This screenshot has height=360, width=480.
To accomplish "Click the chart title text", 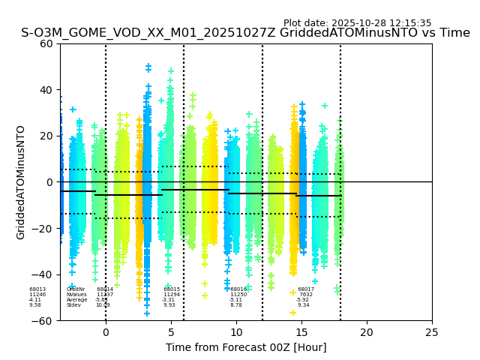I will tap(245, 33).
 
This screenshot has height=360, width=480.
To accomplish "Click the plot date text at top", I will tap(357, 23).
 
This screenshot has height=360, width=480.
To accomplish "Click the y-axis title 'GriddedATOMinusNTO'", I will tap(21, 182).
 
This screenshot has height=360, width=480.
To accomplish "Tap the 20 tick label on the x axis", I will tap(367, 331).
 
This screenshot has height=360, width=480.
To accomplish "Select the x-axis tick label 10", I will tap(236, 331).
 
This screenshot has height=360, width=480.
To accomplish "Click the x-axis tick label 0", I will tap(106, 331).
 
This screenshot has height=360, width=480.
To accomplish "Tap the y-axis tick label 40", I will tap(46, 90).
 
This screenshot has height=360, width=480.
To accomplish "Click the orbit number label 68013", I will tap(37, 289).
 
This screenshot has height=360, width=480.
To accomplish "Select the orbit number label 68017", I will tap(306, 289).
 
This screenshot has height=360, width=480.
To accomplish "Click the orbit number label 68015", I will tap(172, 289).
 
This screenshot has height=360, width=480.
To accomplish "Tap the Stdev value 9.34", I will tap(304, 305).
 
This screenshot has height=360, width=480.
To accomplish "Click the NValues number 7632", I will tap(306, 295).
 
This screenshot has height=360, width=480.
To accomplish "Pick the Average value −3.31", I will tap(169, 300).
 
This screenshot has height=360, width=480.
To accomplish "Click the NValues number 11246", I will tap(37, 295).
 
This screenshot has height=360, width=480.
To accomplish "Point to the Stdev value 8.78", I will tap(236, 305).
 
